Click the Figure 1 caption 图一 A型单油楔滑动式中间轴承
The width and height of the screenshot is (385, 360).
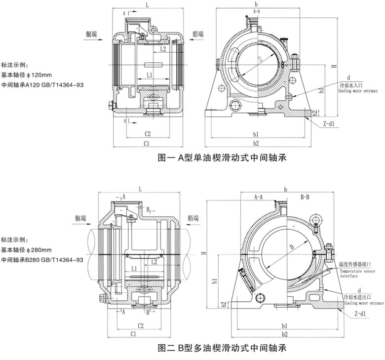tap(221, 158)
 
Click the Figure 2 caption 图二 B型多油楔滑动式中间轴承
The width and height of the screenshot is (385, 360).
tap(221, 349)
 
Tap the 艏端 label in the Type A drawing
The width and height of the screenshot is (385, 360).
tap(200, 34)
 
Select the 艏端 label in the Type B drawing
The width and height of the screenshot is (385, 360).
tap(193, 218)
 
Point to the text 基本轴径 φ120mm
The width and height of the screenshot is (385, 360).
tap(27, 75)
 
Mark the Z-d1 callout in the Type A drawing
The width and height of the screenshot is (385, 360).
tap(328, 124)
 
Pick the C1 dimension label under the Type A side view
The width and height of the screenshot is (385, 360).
tap(146, 143)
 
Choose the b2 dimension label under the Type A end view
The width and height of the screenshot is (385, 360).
tap(255, 143)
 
